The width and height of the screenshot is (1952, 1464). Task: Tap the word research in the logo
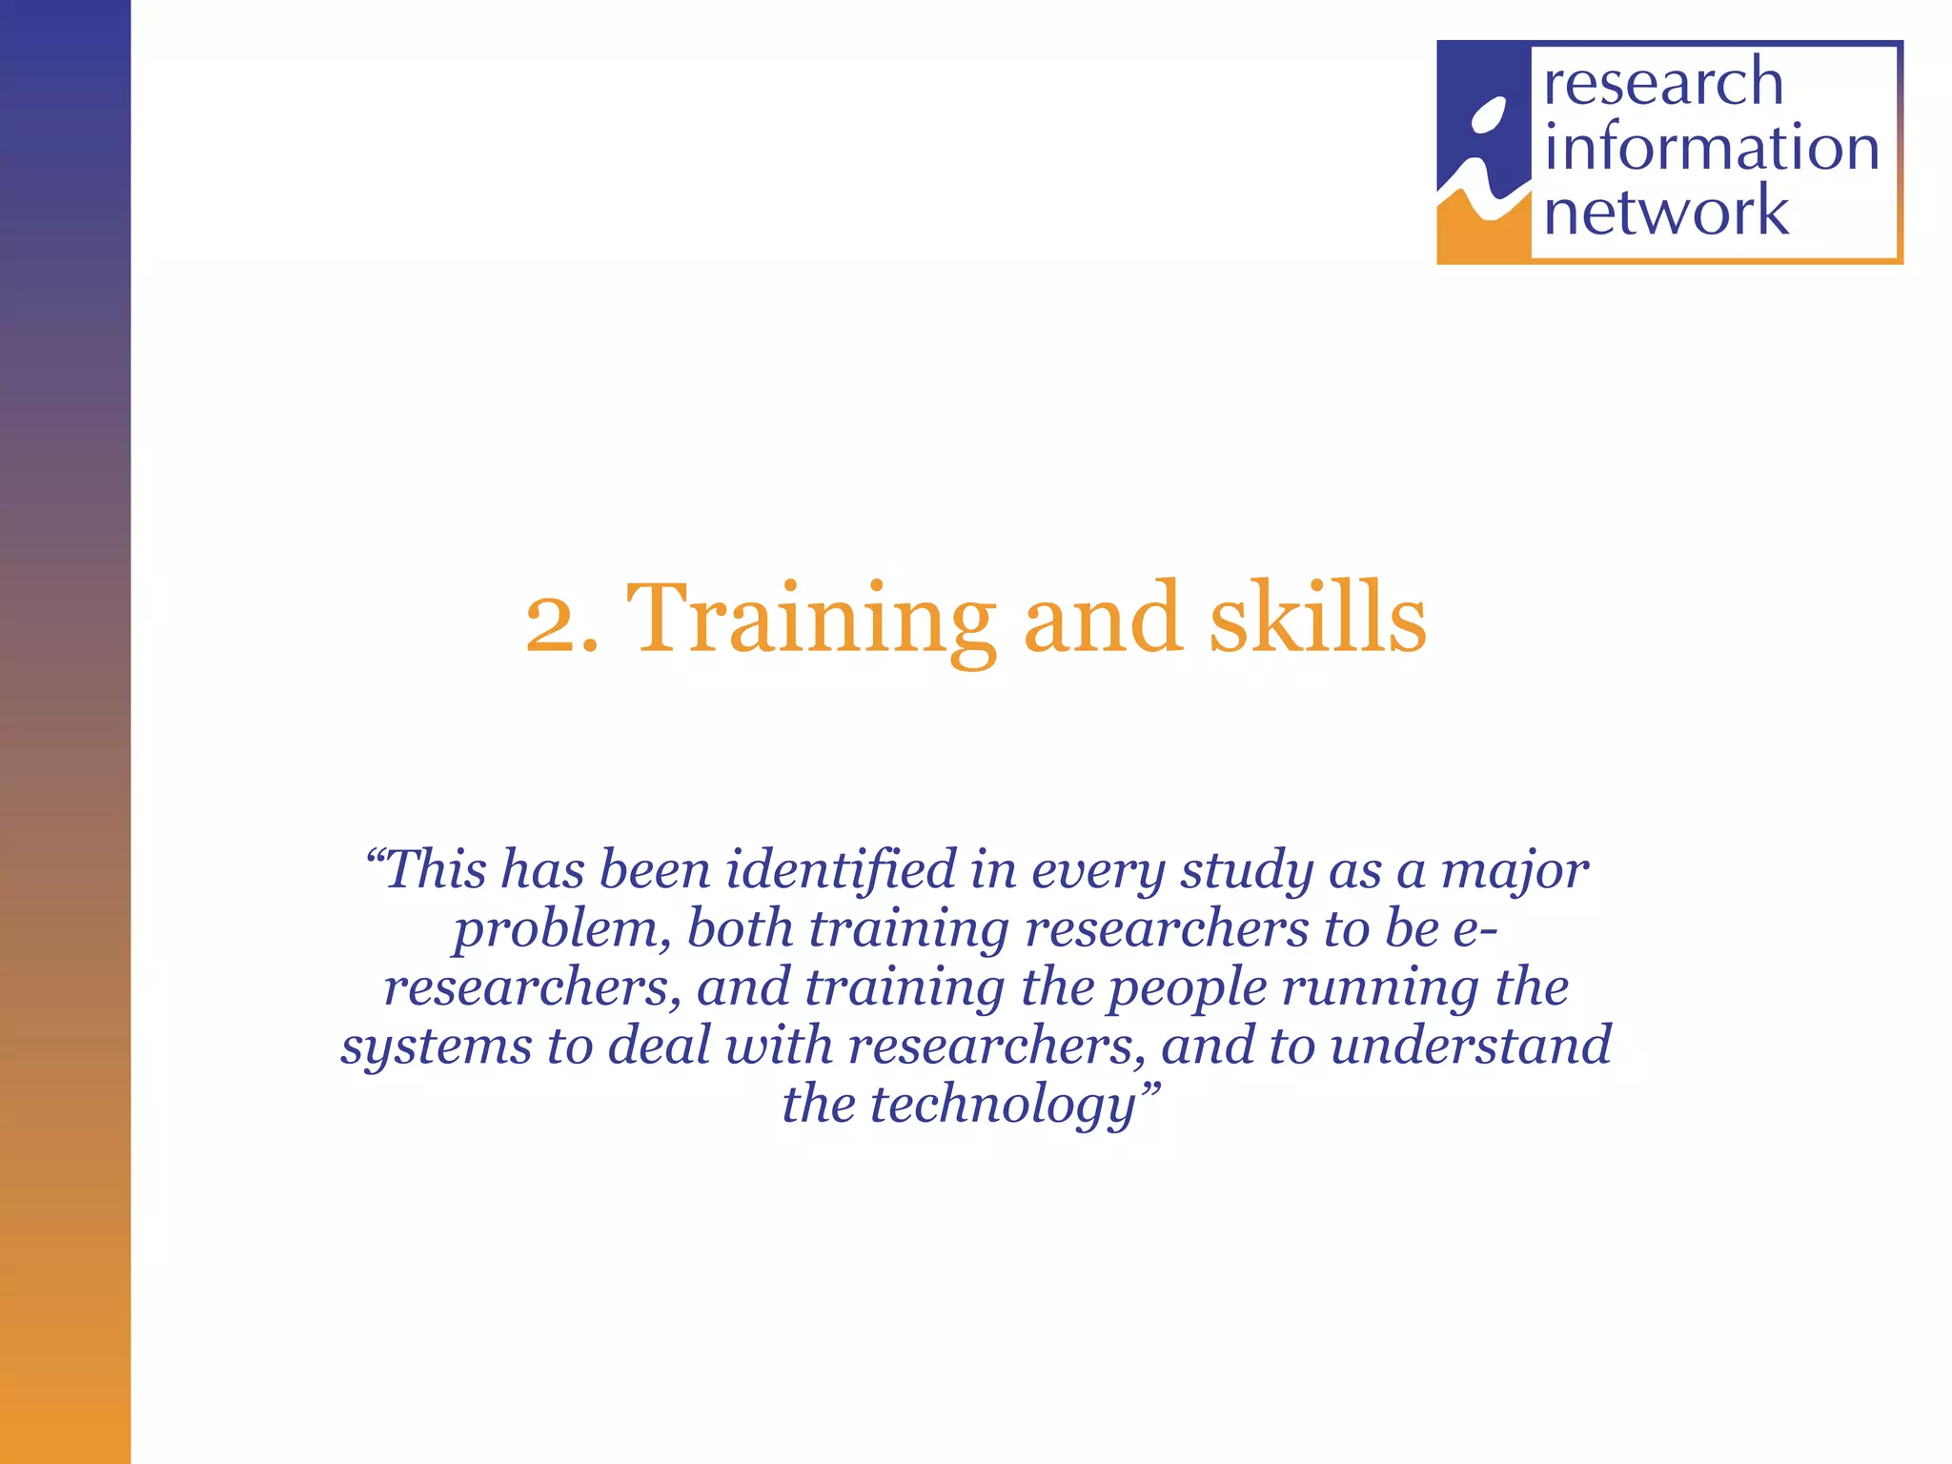click(x=1663, y=82)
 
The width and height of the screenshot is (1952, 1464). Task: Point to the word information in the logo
click(x=1711, y=148)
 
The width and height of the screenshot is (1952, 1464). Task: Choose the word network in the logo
click(x=1666, y=212)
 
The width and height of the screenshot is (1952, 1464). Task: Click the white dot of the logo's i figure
click(x=1488, y=115)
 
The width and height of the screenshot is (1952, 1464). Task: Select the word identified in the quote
click(x=841, y=869)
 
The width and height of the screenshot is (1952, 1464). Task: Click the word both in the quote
click(x=741, y=928)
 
